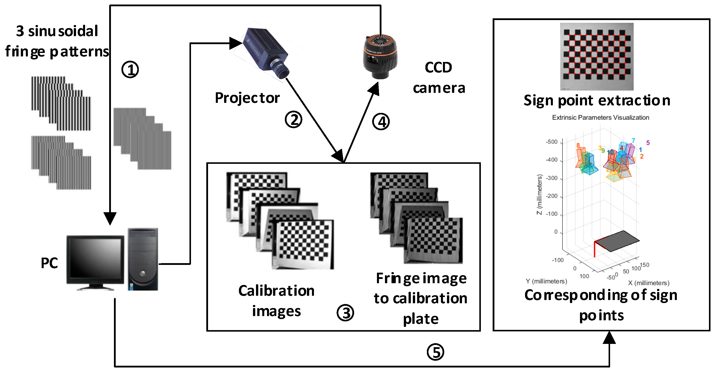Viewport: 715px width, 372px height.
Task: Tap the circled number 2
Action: tap(293, 120)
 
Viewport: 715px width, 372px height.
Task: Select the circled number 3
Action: tap(345, 313)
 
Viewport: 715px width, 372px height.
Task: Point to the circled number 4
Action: tap(381, 121)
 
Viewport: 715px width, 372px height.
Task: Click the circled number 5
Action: tap(435, 352)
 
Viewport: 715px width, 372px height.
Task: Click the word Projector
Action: tap(247, 98)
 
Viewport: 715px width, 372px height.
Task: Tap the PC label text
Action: tap(49, 263)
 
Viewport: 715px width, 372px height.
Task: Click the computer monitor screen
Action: tap(95, 259)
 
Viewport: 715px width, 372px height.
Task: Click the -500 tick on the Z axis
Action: tap(552, 142)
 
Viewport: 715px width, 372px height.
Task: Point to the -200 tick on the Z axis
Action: tap(552, 196)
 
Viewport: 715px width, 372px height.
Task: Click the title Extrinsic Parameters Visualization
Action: tap(600, 118)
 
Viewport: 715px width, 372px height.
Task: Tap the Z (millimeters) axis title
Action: tap(539, 194)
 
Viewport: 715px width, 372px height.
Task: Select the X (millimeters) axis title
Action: tap(648, 283)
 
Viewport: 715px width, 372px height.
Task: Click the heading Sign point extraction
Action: tap(597, 100)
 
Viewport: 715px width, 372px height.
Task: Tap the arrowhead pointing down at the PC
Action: tap(110, 218)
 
